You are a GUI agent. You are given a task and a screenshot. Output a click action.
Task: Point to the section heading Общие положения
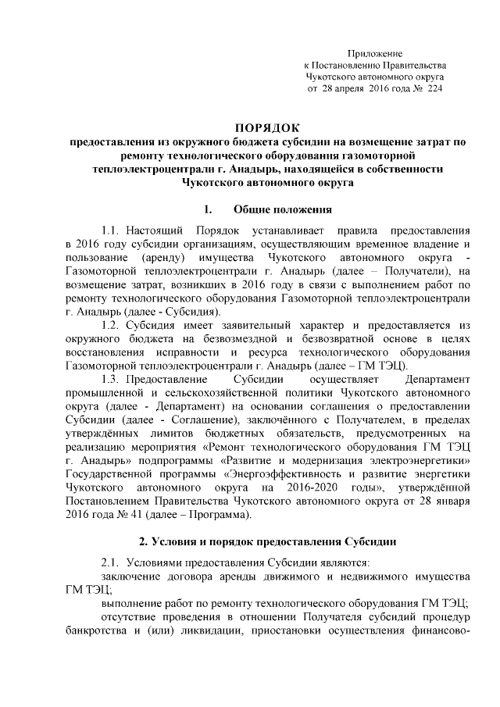pos(283,209)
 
